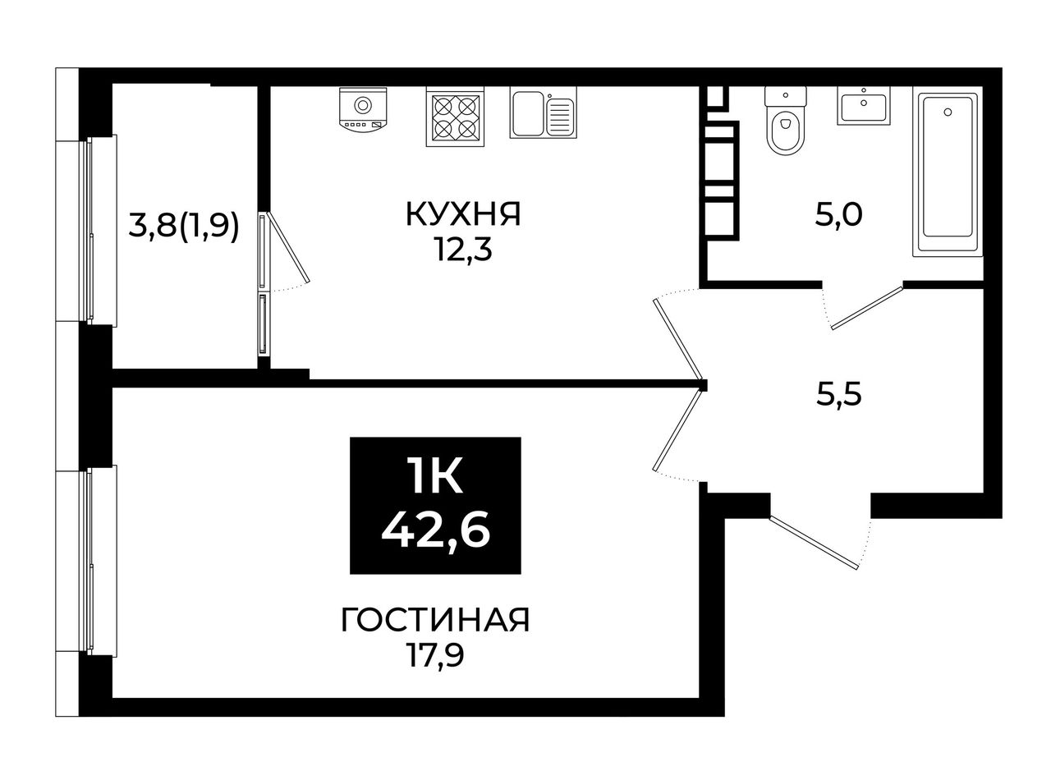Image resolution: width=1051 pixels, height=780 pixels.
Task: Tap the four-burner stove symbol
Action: pyautogui.click(x=454, y=117)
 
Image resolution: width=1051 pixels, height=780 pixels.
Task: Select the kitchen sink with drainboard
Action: pyautogui.click(x=543, y=112)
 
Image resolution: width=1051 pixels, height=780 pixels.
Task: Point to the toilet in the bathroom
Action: pyautogui.click(x=785, y=121)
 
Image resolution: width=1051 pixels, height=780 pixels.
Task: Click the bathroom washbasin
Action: pyautogui.click(x=863, y=106)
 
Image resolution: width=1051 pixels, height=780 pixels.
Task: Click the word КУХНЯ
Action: pyautogui.click(x=463, y=213)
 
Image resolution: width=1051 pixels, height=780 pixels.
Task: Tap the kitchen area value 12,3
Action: pyautogui.click(x=464, y=250)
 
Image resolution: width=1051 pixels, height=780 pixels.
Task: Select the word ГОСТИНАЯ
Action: pyautogui.click(x=435, y=620)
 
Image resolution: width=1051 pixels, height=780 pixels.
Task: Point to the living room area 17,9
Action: pyautogui.click(x=435, y=656)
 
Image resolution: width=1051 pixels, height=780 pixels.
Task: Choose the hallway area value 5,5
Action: pyautogui.click(x=838, y=394)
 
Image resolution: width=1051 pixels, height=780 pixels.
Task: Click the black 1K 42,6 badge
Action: pyautogui.click(x=435, y=505)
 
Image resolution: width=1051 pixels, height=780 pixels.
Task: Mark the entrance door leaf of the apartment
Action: pyautogui.click(x=814, y=542)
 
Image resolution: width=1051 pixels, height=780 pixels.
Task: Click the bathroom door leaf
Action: pyautogui.click(x=867, y=308)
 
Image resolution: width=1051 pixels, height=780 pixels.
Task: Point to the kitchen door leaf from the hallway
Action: pyautogui.click(x=677, y=338)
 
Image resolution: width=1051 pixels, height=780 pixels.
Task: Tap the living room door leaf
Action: pyautogui.click(x=677, y=429)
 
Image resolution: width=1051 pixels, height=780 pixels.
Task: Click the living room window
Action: pyautogui.click(x=97, y=561)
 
